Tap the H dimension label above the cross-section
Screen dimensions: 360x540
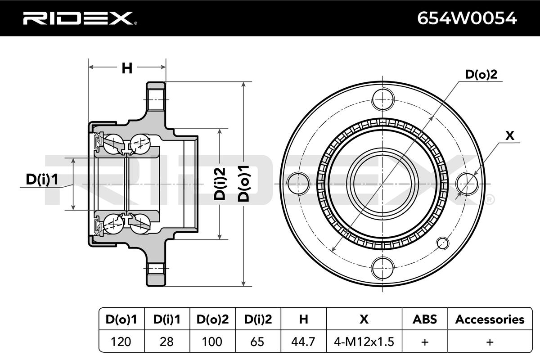click(127, 68)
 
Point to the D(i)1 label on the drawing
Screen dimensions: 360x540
click(42, 180)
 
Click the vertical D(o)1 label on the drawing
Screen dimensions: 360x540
click(243, 182)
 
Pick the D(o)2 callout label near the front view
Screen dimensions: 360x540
click(481, 75)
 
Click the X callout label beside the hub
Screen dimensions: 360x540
click(510, 136)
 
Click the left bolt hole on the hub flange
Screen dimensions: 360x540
click(297, 184)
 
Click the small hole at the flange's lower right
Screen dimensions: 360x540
click(443, 243)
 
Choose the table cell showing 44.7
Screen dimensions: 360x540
click(304, 342)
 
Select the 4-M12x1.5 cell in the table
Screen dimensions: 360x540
click(364, 342)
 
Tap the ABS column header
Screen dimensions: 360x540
click(424, 319)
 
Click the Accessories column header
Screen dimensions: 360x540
click(490, 319)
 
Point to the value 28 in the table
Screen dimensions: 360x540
click(166, 342)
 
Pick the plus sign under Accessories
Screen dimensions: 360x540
click(490, 342)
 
